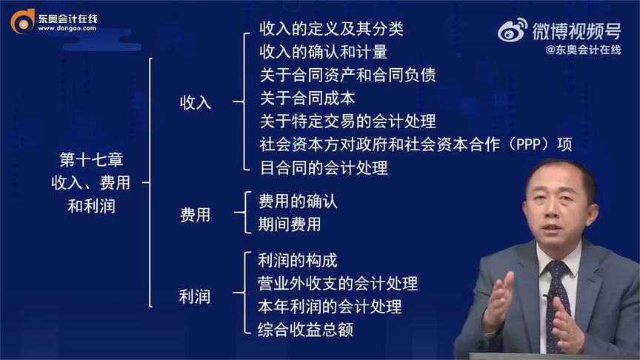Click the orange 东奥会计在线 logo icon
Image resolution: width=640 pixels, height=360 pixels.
pyautogui.click(x=22, y=21)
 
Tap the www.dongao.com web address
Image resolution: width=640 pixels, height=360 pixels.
pyautogui.click(x=67, y=29)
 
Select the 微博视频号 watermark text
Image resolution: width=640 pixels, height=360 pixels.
pyautogui.click(x=576, y=30)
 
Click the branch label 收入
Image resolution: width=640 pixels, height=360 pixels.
pyautogui.click(x=196, y=102)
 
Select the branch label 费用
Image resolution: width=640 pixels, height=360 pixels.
pyautogui.click(x=196, y=215)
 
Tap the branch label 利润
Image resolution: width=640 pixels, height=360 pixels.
pyautogui.click(x=196, y=296)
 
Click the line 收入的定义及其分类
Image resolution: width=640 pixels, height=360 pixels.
pyautogui.click(x=331, y=30)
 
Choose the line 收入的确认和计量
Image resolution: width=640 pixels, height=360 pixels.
pyautogui.click(x=323, y=53)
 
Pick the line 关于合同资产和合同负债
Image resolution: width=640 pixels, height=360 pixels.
pyautogui.click(x=347, y=76)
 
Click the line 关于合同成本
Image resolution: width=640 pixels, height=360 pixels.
pyautogui.click(x=307, y=99)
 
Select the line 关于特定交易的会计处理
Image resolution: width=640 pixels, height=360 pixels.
pyautogui.click(x=347, y=121)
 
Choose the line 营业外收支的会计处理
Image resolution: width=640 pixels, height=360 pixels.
pyautogui.click(x=338, y=283)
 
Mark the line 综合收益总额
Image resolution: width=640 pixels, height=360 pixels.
pyautogui.click(x=306, y=329)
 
